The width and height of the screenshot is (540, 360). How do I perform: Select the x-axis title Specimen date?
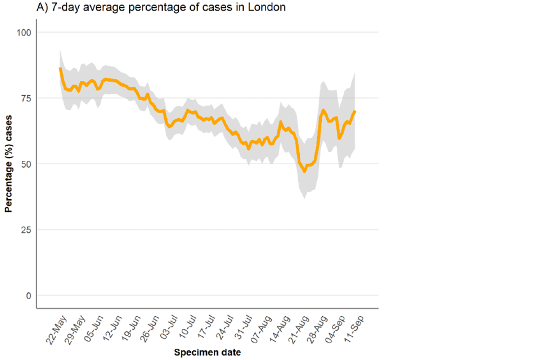(208, 353)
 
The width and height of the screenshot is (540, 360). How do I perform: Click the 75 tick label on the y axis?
(25, 98)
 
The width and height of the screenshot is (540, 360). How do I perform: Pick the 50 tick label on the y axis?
(25, 164)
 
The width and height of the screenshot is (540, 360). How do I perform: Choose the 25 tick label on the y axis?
(25, 229)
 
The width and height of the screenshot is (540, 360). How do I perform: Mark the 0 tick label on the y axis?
(28, 295)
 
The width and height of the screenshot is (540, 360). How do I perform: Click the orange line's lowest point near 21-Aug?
(304, 171)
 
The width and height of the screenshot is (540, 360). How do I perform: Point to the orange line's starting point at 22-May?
(60, 69)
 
